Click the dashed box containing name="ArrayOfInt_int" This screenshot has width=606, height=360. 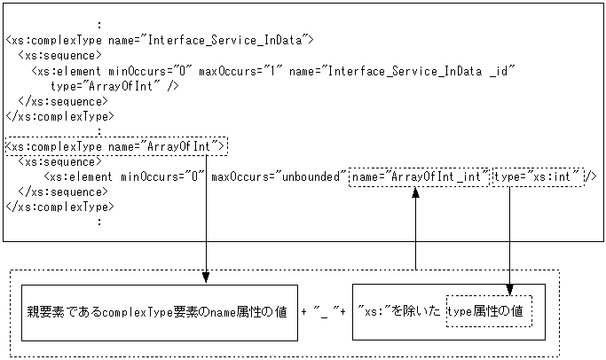(420, 176)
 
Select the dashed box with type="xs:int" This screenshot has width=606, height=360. (538, 176)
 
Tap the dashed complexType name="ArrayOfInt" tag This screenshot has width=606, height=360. (116, 145)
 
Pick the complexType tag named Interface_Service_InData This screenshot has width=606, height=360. (160, 40)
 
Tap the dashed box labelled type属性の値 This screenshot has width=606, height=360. (488, 313)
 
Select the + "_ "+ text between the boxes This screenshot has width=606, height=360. (324, 313)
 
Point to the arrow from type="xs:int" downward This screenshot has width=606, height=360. (511, 239)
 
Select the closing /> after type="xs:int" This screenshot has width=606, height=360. (591, 176)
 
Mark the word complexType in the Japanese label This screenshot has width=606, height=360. (132, 313)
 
